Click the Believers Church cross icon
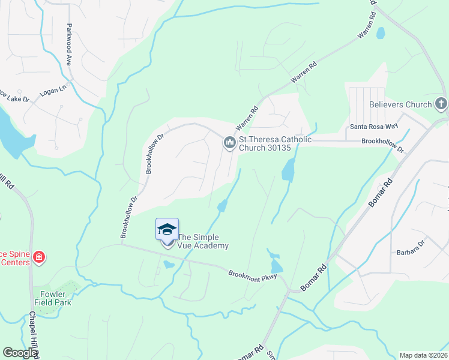pyautogui.click(x=441, y=104)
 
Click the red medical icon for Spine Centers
pyautogui.click(x=39, y=258)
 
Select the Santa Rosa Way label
pyautogui.click(x=374, y=127)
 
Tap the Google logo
pyautogui.click(x=20, y=353)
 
